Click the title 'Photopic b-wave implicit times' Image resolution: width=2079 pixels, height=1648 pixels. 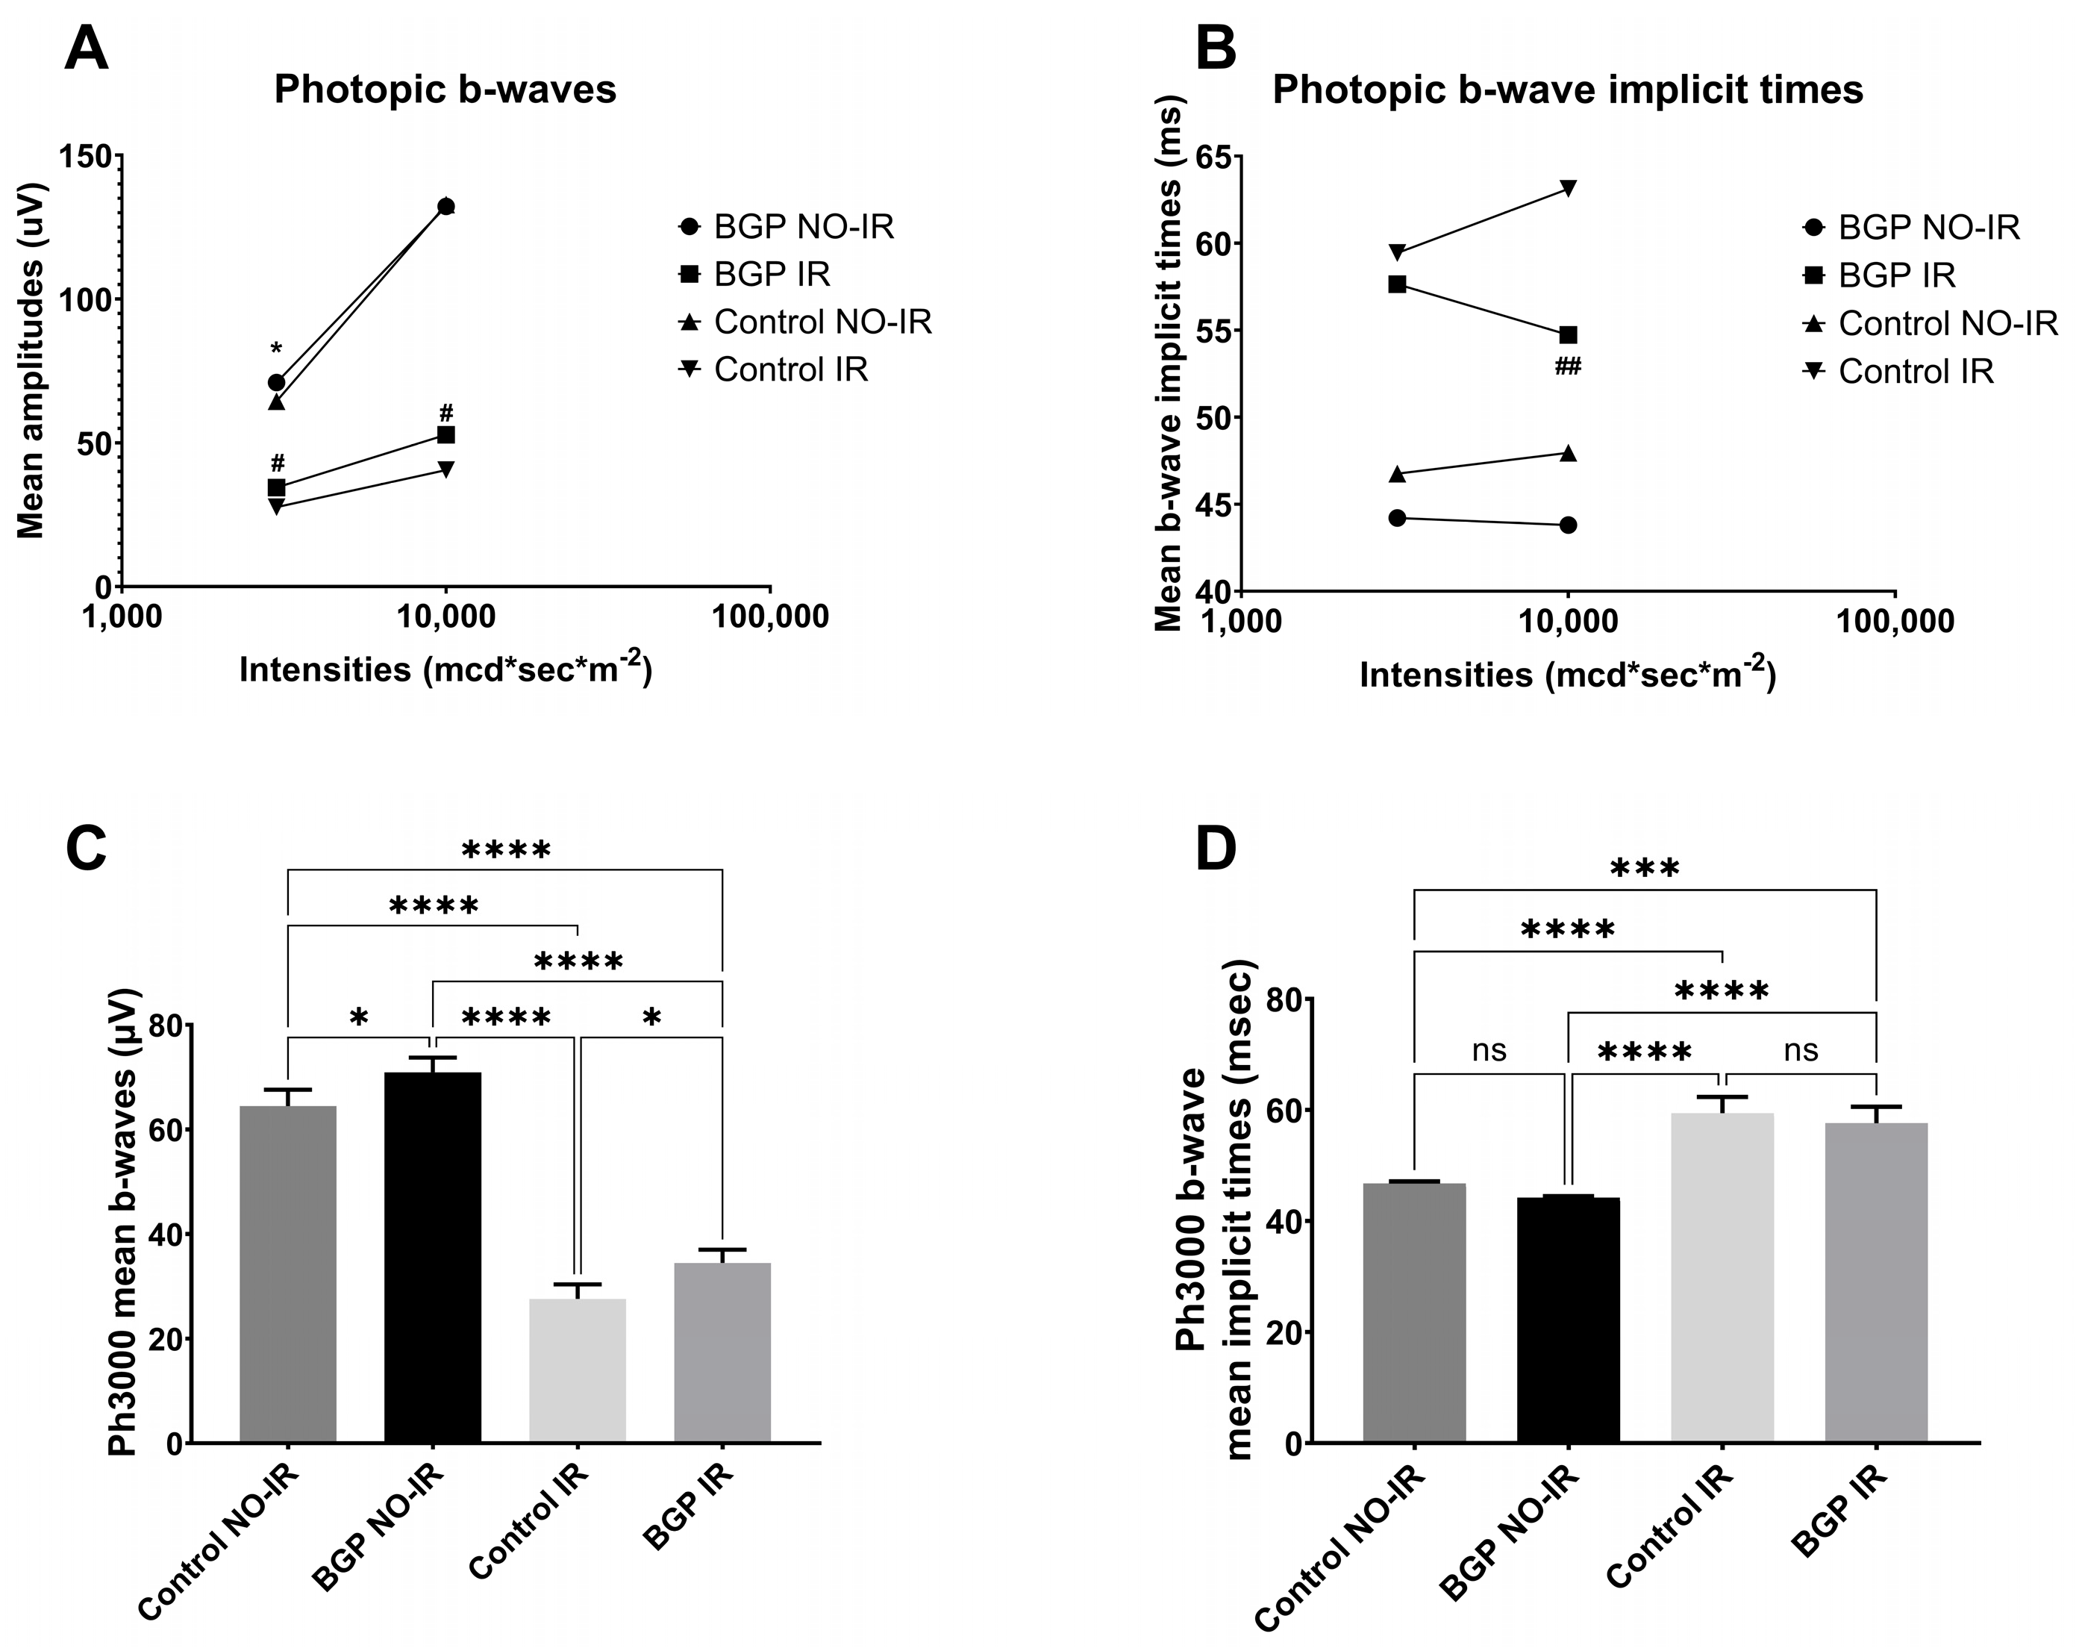point(1567,90)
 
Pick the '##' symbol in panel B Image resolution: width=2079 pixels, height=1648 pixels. point(1568,366)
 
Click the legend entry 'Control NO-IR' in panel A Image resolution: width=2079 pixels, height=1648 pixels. point(822,322)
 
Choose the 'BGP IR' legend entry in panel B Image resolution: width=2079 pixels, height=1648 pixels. point(1895,276)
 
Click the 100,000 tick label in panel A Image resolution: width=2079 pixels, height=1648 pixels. point(769,617)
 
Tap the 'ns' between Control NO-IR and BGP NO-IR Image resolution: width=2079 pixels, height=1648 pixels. point(1489,1050)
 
